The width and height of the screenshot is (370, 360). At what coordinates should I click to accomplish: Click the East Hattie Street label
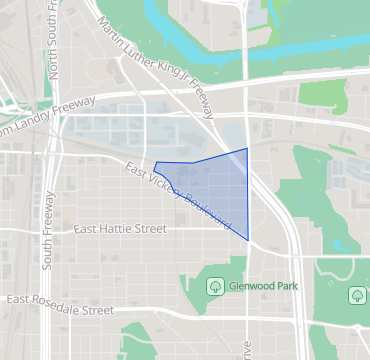tap(120, 229)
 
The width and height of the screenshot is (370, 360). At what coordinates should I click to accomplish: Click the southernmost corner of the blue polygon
tap(248, 239)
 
